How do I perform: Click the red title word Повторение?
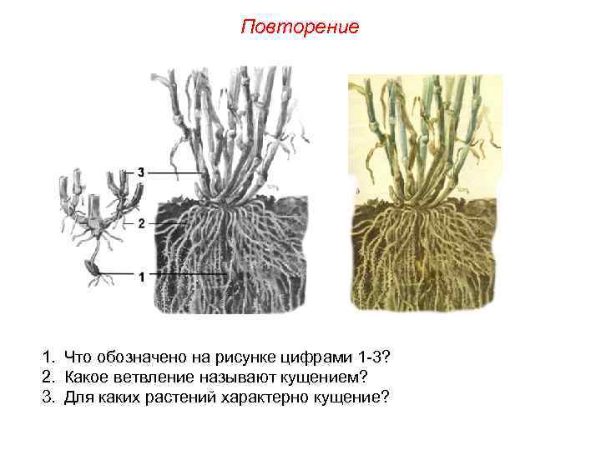(x=300, y=27)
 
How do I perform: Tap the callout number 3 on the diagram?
(x=142, y=172)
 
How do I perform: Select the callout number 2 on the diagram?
(x=142, y=223)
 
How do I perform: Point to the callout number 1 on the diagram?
(x=142, y=275)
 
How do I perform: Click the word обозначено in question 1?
(x=138, y=357)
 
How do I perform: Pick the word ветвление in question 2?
(x=144, y=376)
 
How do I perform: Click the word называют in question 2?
(x=219, y=376)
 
